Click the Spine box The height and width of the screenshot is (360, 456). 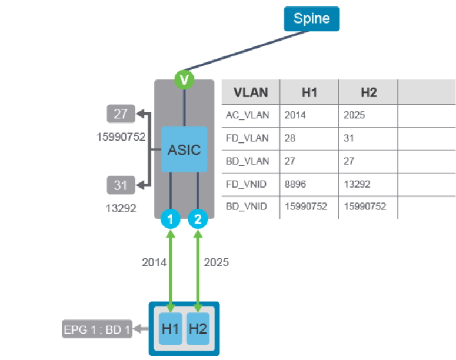pos(312,18)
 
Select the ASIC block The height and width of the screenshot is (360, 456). pos(184,149)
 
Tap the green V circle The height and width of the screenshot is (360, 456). pos(185,79)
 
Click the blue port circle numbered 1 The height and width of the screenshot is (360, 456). pos(170,221)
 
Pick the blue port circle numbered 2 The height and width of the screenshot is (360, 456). pos(198,221)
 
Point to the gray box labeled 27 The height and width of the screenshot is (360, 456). pos(121,114)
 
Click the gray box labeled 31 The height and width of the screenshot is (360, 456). pos(121,185)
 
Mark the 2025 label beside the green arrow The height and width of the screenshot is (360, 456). pos(216,262)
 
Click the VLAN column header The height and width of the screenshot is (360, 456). pos(251,92)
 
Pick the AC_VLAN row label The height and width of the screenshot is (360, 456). pos(247,115)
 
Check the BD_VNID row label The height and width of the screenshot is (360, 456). pos(247,207)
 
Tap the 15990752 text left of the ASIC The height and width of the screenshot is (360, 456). pos(121,136)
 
